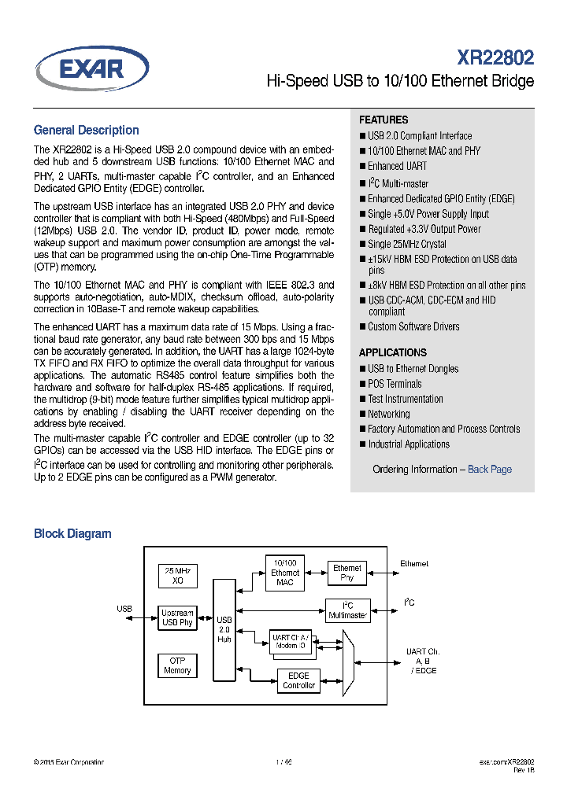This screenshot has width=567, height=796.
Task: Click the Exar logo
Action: click(92, 69)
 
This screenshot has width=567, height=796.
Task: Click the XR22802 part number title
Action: click(495, 57)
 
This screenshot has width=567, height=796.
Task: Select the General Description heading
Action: click(86, 131)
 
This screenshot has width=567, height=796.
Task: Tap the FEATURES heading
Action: click(384, 120)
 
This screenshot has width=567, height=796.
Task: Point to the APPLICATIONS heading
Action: click(393, 352)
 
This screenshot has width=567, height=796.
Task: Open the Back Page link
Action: click(489, 469)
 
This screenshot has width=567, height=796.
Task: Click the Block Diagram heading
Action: click(72, 533)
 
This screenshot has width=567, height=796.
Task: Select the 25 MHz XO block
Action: click(177, 574)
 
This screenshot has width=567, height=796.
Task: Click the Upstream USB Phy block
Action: click(177, 617)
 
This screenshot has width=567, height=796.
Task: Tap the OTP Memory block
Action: click(177, 665)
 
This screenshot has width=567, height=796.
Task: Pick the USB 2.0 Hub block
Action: click(224, 629)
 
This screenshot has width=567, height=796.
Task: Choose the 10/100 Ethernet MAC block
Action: click(285, 573)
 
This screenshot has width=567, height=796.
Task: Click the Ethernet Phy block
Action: click(347, 573)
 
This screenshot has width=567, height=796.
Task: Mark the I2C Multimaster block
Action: click(347, 610)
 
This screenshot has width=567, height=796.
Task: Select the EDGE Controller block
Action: click(298, 680)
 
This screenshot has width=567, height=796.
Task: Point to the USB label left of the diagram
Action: click(124, 609)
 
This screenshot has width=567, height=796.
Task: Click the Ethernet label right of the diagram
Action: click(414, 564)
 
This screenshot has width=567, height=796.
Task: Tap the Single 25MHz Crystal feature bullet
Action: click(406, 244)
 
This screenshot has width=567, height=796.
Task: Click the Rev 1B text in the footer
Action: click(524, 771)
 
